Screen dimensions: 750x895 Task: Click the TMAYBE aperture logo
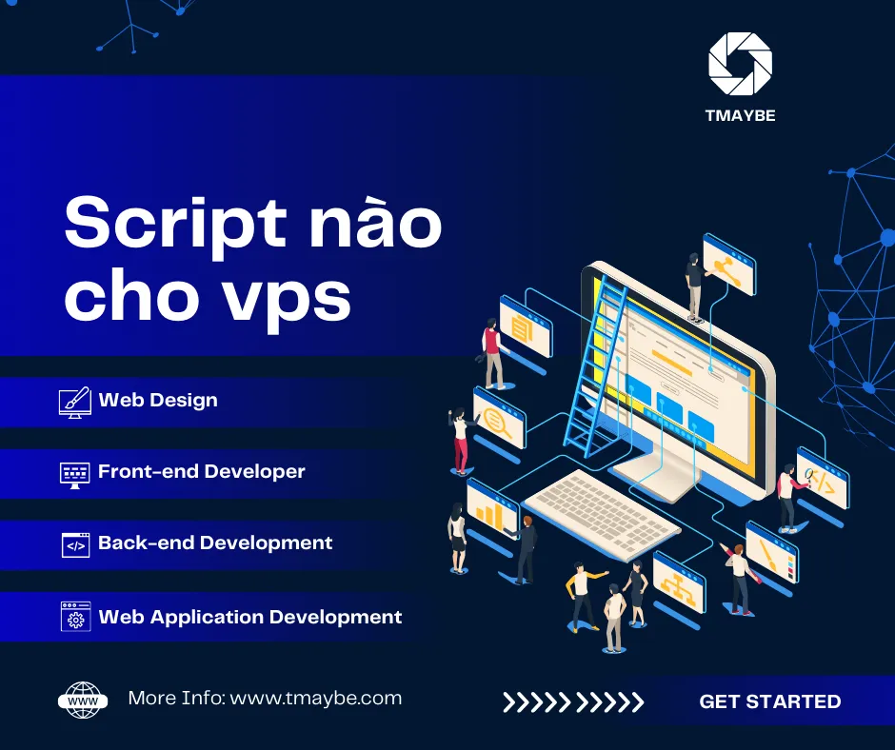click(x=740, y=64)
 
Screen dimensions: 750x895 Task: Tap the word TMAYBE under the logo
click(x=740, y=116)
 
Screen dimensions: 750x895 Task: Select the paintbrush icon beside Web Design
click(x=75, y=401)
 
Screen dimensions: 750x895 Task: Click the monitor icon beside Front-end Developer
click(x=75, y=472)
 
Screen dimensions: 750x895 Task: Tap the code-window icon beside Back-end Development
click(x=75, y=544)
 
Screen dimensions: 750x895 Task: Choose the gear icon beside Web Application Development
click(x=75, y=617)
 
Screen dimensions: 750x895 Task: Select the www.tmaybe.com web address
click(x=316, y=699)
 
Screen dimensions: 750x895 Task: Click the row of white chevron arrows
click(x=573, y=702)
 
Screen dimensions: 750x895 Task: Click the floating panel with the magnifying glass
click(x=500, y=418)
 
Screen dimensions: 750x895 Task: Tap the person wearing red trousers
click(x=462, y=440)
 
